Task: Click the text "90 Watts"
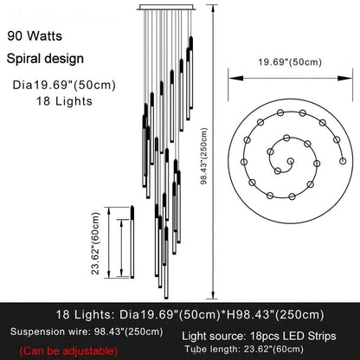coord(35,36)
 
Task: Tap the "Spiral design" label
coord(45,59)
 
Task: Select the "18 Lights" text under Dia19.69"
coord(64,101)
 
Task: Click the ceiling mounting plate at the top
coord(167,7)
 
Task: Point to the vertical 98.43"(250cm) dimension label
coord(204,156)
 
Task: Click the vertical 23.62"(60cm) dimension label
coord(95,243)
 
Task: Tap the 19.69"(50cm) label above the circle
coord(290,62)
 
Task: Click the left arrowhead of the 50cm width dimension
coord(235,78)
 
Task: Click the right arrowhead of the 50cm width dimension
coord(345,78)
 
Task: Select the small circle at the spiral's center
coord(290,161)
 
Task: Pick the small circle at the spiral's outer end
coord(343,161)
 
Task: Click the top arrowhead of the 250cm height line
coord(213,9)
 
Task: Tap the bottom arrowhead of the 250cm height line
coord(213,295)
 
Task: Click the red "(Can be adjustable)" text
coord(68,351)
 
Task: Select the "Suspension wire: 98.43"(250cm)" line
coord(87,331)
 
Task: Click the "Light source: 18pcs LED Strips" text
coord(259,336)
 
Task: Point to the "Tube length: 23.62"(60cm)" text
coord(244,349)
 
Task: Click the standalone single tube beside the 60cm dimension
coord(132,241)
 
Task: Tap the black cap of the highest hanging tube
coord(191,43)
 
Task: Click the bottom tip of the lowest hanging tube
coord(166,299)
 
